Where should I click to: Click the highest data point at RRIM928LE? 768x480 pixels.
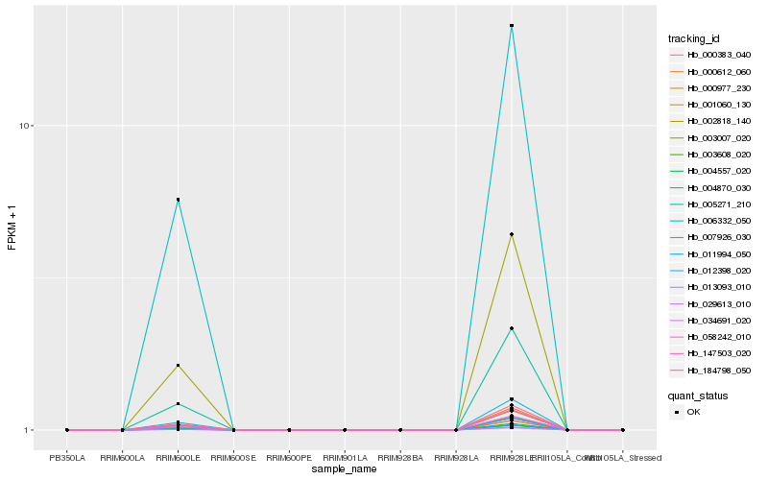pos(512,26)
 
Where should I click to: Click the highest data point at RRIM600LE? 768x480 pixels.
pos(179,200)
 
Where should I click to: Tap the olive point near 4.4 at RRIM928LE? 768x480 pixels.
pos(512,234)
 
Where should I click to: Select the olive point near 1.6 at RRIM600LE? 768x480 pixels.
pos(179,366)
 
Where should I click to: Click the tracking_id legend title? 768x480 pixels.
pos(695,38)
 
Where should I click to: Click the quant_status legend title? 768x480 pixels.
pos(698,395)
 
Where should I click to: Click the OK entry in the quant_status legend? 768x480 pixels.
pos(693,412)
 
